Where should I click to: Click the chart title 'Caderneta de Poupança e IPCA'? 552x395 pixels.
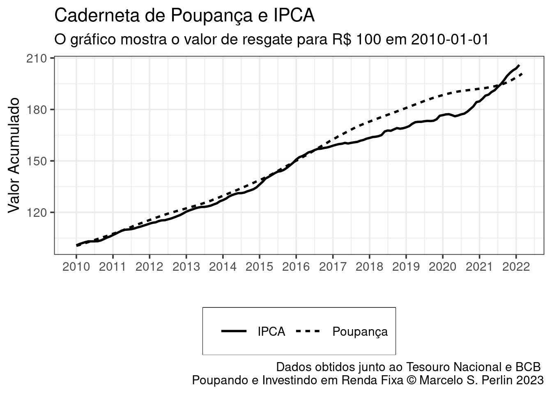(x=184, y=16)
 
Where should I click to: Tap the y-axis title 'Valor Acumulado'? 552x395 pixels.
(x=14, y=155)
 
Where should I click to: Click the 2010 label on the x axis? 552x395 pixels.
(x=76, y=267)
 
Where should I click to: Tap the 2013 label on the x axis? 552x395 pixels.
(x=186, y=267)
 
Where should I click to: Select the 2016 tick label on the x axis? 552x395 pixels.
(x=296, y=267)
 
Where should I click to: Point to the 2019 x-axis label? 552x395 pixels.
(x=406, y=267)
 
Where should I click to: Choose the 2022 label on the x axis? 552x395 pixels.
(x=516, y=267)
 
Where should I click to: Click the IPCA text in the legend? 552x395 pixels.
(x=271, y=332)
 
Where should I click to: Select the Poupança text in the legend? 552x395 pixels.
(x=360, y=332)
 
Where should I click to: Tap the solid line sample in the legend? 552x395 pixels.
(x=234, y=331)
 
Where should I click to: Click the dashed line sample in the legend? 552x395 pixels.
(x=308, y=331)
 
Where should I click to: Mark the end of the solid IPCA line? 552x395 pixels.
(x=519, y=65)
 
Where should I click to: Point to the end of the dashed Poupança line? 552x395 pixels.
(x=522, y=74)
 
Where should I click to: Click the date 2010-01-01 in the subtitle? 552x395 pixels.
(x=449, y=39)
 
